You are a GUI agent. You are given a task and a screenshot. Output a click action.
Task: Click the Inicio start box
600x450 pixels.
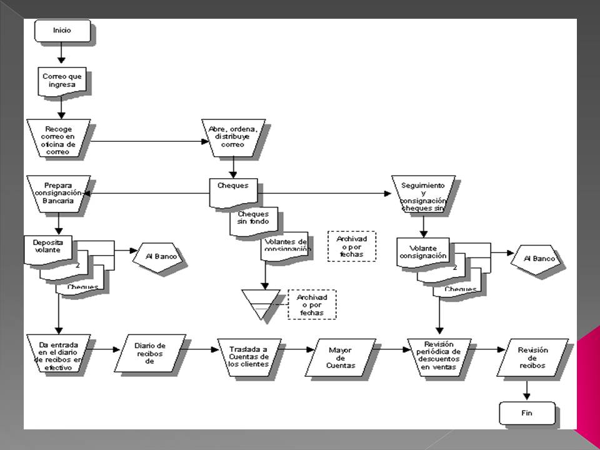click(x=62, y=30)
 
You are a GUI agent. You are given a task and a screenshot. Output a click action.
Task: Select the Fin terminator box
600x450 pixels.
click(x=527, y=413)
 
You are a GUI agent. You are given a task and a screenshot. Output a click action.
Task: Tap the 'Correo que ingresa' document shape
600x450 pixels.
click(x=62, y=82)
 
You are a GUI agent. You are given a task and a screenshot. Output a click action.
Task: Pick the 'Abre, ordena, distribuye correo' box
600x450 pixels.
click(x=233, y=136)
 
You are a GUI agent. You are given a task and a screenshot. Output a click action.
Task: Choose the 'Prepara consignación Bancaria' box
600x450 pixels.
click(x=59, y=192)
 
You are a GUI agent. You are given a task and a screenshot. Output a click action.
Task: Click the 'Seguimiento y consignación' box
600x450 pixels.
click(x=423, y=192)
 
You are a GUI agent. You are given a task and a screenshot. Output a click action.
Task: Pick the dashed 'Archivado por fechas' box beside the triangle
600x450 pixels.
click(x=311, y=304)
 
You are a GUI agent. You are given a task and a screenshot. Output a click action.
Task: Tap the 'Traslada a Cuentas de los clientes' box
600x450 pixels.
click(x=249, y=357)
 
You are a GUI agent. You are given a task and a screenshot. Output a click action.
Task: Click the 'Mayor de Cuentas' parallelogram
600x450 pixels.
click(x=340, y=357)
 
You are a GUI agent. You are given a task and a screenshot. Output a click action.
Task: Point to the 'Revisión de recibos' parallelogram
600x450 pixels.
click(x=532, y=357)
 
